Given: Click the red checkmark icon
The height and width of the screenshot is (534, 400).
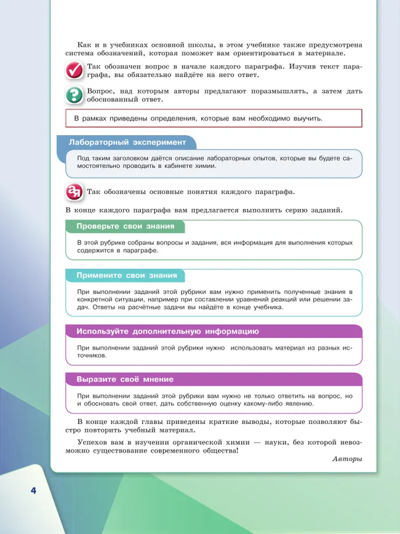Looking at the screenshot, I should coord(74,71).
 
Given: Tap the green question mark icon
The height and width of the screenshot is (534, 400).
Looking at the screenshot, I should coord(74,95).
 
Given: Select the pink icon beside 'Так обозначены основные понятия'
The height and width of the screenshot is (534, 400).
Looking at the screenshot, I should coord(74,191).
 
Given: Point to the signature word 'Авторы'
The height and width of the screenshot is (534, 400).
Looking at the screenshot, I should coord(347,459).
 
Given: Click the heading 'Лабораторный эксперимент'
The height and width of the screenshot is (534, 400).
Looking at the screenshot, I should coord(127,143).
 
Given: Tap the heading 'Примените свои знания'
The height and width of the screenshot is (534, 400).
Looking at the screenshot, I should coord(126,276).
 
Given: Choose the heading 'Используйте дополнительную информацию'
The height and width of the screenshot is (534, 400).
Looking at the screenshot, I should coord(167,331).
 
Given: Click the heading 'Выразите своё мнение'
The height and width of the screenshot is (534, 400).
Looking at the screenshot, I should coord(124,379).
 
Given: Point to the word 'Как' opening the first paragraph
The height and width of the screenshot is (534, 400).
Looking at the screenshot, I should coord(86,45).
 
